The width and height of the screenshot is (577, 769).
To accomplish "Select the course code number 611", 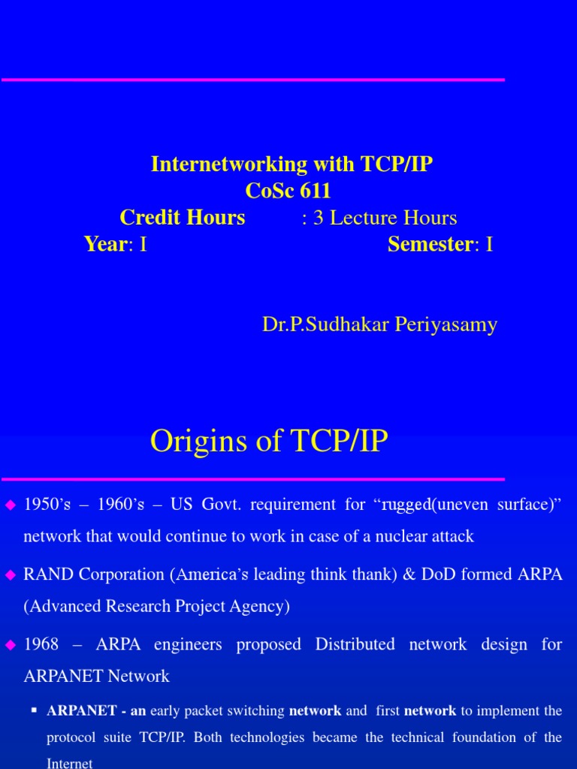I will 315,191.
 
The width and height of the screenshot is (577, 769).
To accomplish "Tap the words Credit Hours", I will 183,218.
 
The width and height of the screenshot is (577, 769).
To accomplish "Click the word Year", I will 104,244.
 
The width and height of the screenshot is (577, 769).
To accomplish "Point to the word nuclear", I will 403,536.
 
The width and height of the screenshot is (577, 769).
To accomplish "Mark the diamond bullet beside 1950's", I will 11,505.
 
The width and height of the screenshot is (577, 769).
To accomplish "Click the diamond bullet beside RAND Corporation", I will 11,574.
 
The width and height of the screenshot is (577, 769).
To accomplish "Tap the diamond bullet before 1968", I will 11,644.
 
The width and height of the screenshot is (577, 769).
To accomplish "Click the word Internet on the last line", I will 70,764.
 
